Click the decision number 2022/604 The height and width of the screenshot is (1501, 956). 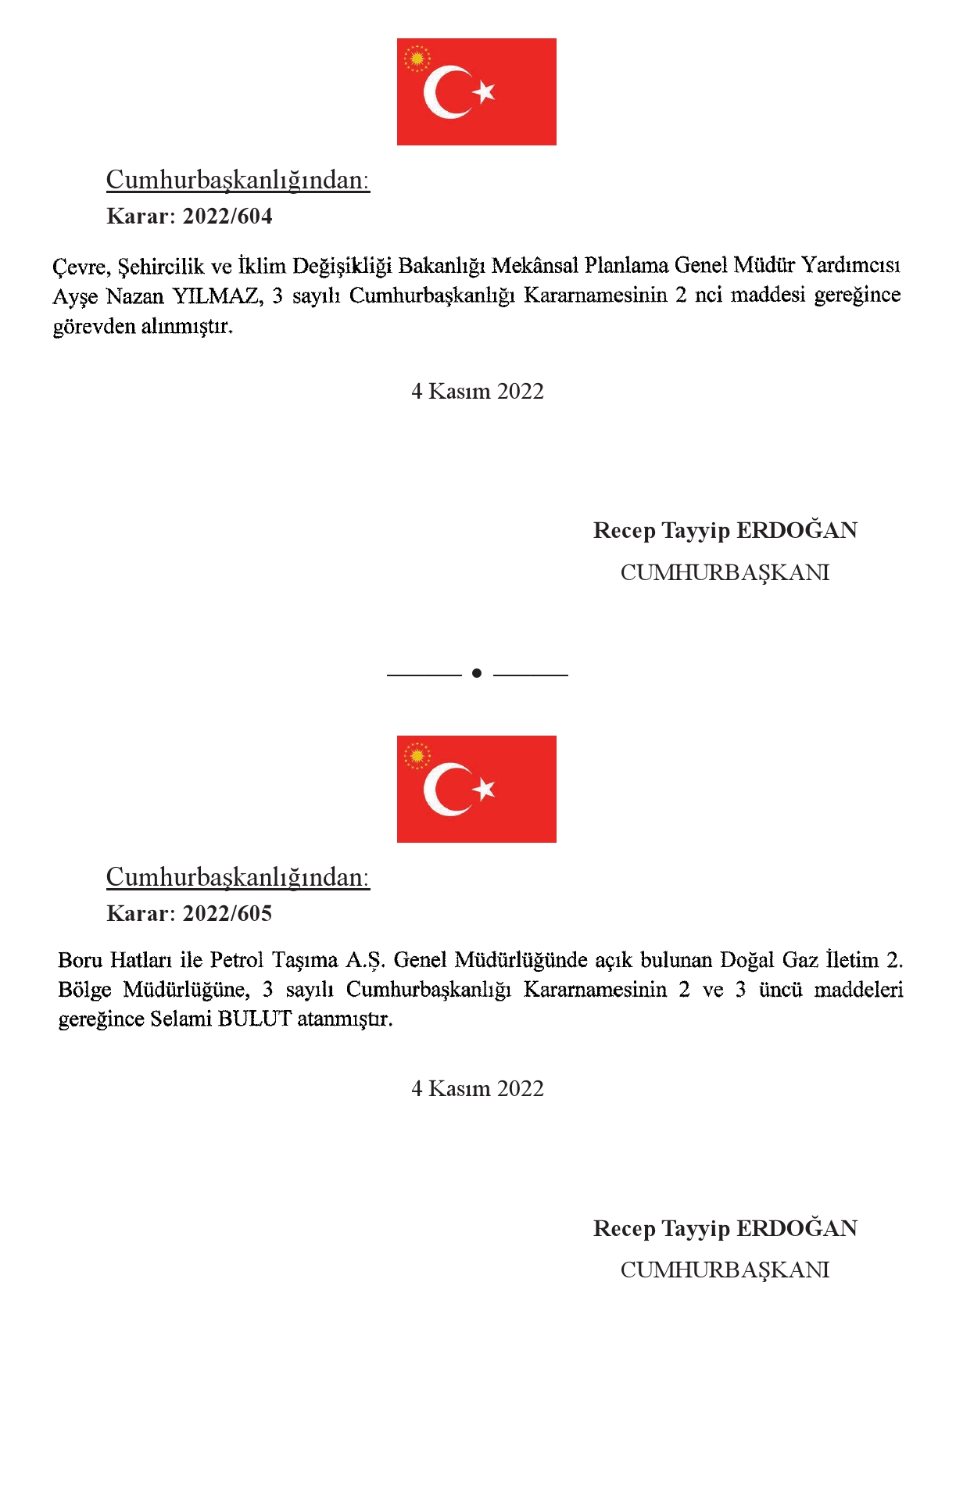point(227,217)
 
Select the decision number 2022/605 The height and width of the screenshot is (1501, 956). point(227,914)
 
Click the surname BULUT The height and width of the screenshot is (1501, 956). point(255,1019)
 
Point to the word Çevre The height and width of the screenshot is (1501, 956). point(81,267)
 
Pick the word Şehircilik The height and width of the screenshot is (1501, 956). point(161,267)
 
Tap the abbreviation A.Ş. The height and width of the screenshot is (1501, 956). point(365,960)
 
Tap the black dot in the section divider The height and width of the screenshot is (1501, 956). point(477,673)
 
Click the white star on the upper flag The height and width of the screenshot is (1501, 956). point(485,91)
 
